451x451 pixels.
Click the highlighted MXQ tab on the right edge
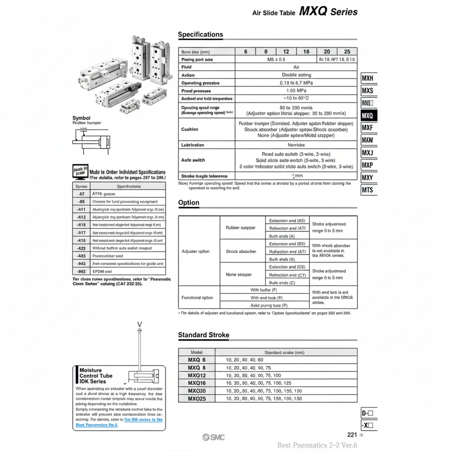[368, 115]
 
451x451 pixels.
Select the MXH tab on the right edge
[368, 78]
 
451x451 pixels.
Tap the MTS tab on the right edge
[368, 190]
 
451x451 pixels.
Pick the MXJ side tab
[368, 153]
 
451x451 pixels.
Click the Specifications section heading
[201, 34]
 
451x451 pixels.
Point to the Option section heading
[189, 202]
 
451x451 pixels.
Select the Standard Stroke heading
[203, 335]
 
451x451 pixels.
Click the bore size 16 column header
[306, 52]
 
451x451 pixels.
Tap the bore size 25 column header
[347, 52]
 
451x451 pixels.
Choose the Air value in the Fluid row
[296, 67]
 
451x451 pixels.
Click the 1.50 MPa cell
[296, 91]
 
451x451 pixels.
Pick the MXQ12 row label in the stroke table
[197, 375]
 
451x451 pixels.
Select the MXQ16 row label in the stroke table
[197, 383]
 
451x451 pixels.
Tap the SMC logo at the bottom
[214, 437]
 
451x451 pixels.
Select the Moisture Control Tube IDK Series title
[96, 376]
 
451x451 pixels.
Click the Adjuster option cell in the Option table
[195, 251]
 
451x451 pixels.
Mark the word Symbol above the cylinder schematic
[81, 117]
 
